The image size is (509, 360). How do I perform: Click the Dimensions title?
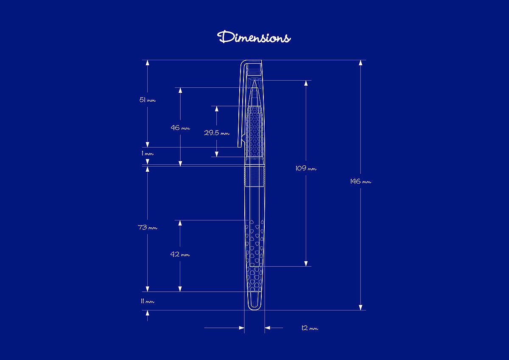point(254,37)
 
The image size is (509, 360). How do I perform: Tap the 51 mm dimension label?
point(148,100)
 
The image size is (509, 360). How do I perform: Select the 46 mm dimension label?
point(180,128)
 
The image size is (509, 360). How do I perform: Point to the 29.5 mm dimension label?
point(217,133)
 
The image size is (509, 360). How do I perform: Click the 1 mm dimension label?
point(148,153)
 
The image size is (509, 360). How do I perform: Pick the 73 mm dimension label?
point(148,227)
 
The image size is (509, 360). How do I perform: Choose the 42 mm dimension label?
point(180,254)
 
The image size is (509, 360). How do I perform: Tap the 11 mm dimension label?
point(148,301)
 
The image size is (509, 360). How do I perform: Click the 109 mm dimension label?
point(306,168)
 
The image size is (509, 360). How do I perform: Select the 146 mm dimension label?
point(361,181)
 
